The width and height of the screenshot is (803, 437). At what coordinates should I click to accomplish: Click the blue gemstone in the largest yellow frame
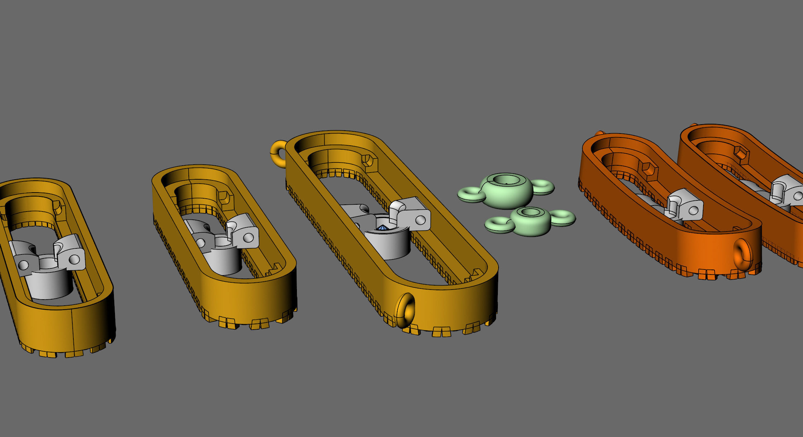(383, 228)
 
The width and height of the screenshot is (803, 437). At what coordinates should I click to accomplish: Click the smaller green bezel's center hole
(531, 212)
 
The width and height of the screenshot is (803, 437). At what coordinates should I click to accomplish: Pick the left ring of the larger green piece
(471, 194)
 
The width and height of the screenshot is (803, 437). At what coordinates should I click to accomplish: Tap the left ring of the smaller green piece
(499, 224)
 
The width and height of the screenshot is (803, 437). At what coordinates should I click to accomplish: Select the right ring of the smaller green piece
(563, 217)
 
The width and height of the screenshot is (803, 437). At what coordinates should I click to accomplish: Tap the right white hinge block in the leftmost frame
(71, 252)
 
